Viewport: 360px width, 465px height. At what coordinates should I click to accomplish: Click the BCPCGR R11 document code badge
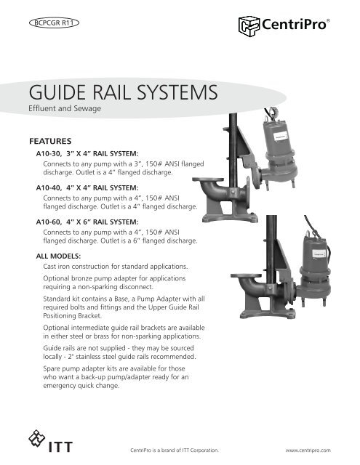tap(55, 23)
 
